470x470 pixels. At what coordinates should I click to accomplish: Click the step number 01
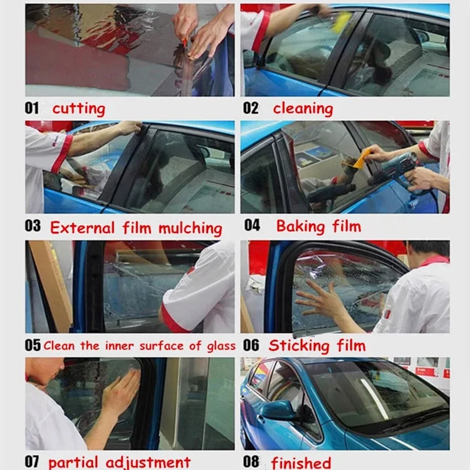click(x=32, y=108)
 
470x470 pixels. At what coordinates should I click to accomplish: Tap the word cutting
click(x=79, y=108)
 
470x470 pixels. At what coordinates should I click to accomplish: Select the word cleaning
click(x=303, y=108)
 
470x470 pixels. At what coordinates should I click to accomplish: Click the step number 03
click(x=33, y=226)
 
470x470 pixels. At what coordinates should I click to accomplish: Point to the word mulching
click(x=191, y=228)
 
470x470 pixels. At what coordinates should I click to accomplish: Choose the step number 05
click(x=33, y=345)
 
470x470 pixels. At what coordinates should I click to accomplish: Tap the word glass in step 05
click(x=221, y=347)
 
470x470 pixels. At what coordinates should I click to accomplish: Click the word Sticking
click(x=299, y=346)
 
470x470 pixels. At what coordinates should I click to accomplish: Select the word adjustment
click(x=149, y=462)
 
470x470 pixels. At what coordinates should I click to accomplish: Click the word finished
click(x=301, y=462)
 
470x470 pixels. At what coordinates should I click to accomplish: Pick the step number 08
click(x=251, y=462)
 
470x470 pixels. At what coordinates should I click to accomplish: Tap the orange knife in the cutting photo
click(x=185, y=43)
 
